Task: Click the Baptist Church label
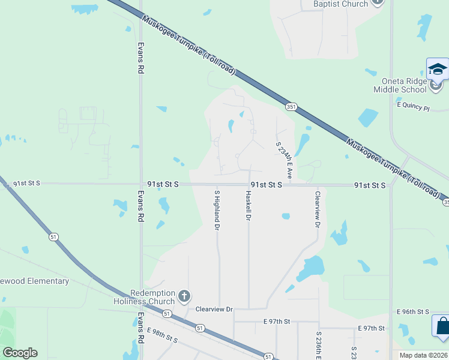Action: click(x=340, y=4)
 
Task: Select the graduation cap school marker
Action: click(x=438, y=69)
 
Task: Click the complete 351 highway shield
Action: click(x=291, y=107)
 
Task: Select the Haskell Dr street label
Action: click(x=248, y=205)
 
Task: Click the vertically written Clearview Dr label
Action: click(x=318, y=209)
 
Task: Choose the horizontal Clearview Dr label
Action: click(x=214, y=309)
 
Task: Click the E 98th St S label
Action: click(x=163, y=335)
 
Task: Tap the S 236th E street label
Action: click(x=319, y=345)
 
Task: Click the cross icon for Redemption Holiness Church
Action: click(x=184, y=296)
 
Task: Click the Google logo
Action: click(x=20, y=353)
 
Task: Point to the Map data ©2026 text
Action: click(x=423, y=355)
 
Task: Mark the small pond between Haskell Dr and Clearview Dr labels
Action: click(x=286, y=216)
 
